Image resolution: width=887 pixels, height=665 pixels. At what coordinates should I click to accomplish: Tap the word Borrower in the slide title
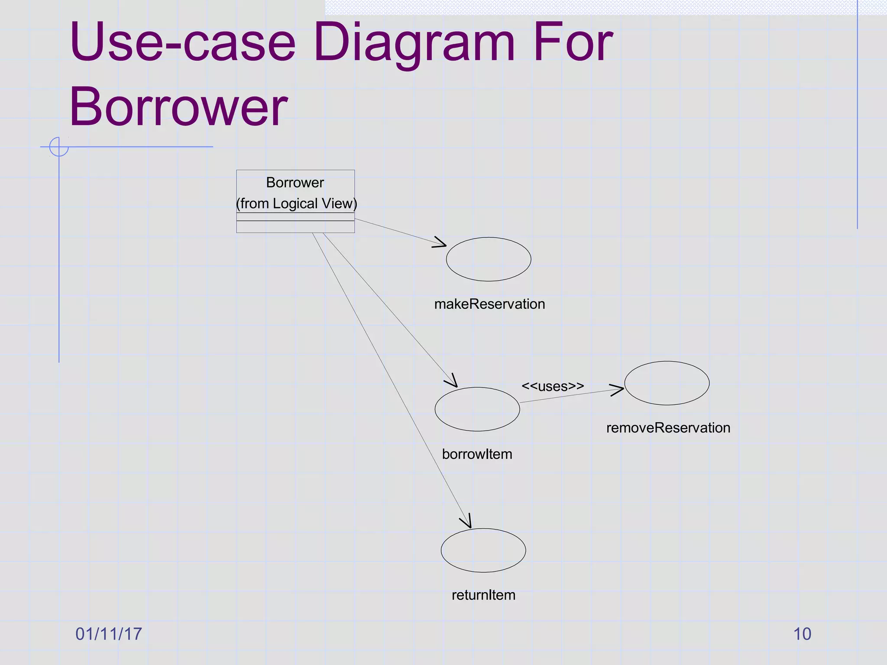coord(178,107)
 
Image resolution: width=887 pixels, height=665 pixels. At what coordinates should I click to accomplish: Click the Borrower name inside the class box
coord(295,183)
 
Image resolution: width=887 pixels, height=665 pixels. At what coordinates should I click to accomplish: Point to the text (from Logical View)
coord(297,203)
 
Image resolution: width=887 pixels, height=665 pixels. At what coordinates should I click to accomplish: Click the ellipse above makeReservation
coord(489,259)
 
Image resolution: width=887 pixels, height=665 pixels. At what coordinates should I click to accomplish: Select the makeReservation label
coord(489,304)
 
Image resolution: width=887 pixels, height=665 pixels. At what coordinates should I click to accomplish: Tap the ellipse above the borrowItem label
coord(477,409)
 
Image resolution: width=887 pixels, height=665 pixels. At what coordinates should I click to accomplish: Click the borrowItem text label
coord(477,454)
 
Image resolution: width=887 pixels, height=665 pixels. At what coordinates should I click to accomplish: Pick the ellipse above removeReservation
coord(667,383)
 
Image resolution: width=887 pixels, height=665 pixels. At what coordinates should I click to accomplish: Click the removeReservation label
coord(668,428)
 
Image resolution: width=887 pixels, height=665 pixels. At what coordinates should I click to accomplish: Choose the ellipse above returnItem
coord(483,550)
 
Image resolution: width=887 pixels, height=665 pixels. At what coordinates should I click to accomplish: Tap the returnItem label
coord(483,595)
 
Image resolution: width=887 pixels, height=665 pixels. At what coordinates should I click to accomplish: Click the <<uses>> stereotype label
coord(553,386)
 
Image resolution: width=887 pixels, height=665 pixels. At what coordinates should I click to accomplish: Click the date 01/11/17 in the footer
coord(109,634)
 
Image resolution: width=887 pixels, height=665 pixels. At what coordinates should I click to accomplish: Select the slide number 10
coord(802,634)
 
